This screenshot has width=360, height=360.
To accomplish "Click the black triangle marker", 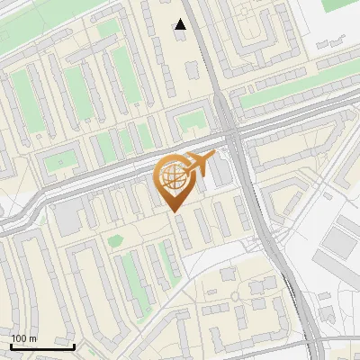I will (181, 25).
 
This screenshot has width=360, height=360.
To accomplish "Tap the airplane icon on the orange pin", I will (199, 165).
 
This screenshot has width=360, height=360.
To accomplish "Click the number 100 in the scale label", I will (19, 338).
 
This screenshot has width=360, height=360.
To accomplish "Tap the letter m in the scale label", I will (33, 338).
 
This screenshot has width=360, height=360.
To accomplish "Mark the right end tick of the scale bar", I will (74, 346).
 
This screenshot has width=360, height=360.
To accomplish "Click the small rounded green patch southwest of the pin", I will (114, 239).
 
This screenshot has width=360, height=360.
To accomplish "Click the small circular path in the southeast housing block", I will (235, 297).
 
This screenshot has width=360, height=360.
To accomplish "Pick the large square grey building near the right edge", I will (340, 240).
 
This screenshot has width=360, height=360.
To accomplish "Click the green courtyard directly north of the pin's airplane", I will (191, 121).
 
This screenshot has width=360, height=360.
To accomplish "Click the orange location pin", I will (175, 180).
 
